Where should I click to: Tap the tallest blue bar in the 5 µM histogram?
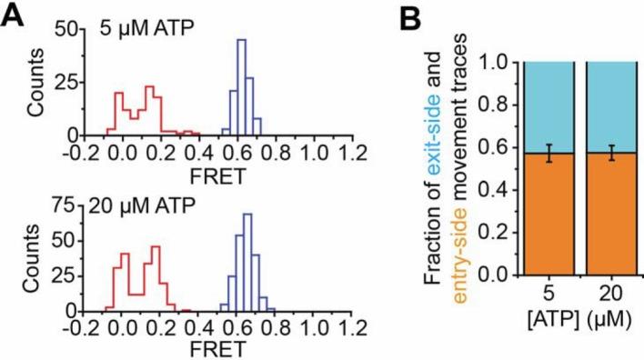click(241, 86)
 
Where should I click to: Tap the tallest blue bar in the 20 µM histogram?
click(247, 264)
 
